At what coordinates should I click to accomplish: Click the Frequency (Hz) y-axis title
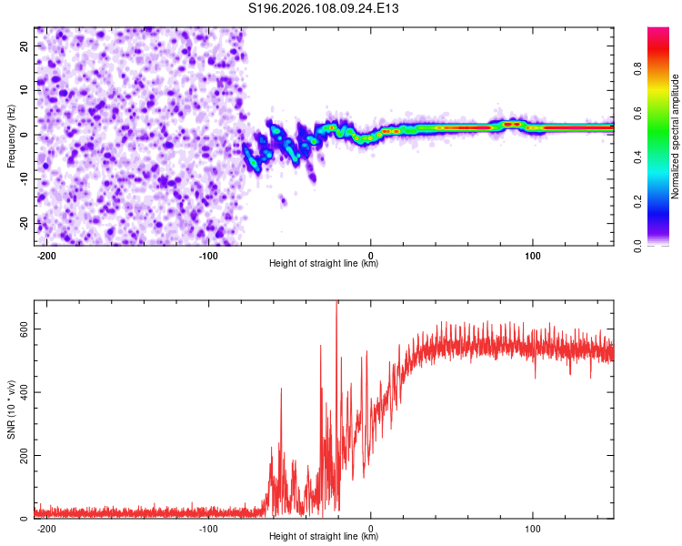pyautogui.click(x=11, y=136)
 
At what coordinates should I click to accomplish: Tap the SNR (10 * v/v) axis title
pyautogui.click(x=11, y=409)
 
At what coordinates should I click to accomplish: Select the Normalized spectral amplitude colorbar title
pyautogui.click(x=676, y=136)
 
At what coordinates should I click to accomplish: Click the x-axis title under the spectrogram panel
pyautogui.click(x=324, y=264)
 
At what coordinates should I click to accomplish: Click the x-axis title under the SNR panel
pyautogui.click(x=324, y=537)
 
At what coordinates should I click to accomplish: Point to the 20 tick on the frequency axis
pyautogui.click(x=25, y=45)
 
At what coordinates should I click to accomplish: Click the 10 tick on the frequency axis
pyautogui.click(x=25, y=89)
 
